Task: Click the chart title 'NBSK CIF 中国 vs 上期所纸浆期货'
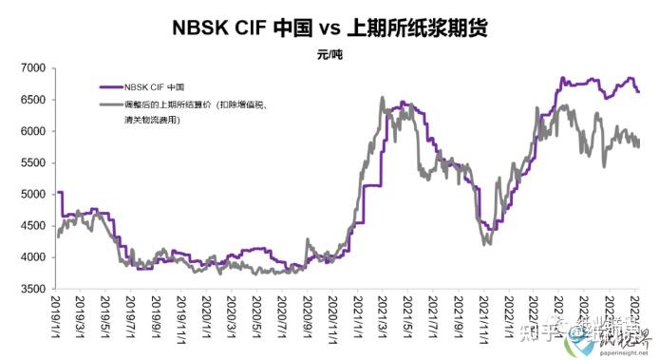point(329,28)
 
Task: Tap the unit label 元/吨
point(330,54)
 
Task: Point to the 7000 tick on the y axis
point(32,68)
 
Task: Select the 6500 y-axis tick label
point(32,100)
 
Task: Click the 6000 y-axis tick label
point(32,131)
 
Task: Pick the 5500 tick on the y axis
point(32,162)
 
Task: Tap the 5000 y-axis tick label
point(32,195)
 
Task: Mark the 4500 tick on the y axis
point(32,226)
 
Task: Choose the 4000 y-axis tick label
point(32,257)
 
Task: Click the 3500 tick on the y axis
point(32,289)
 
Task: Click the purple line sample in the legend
point(109,87)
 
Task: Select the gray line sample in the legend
point(109,104)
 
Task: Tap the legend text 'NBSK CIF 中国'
point(155,87)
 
